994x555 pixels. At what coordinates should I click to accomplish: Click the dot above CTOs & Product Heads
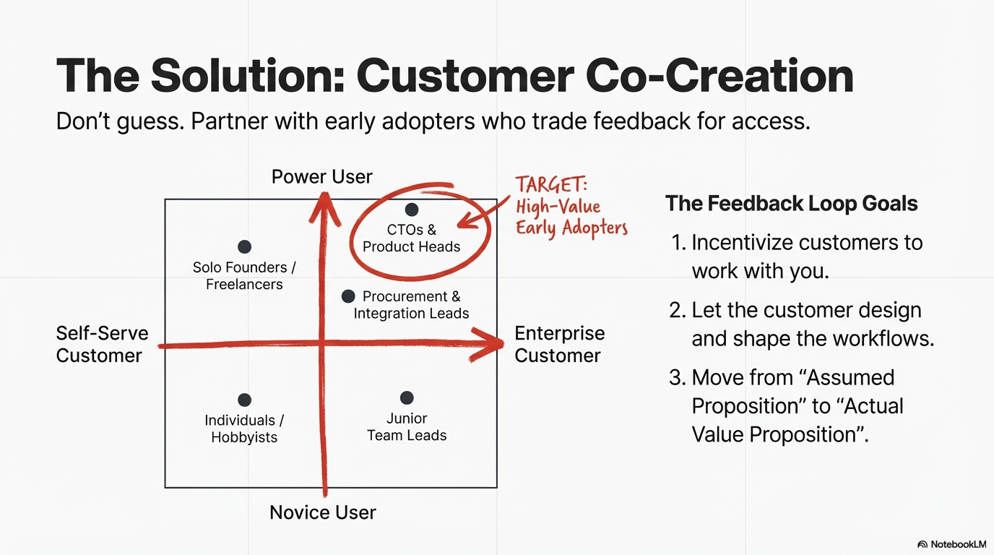click(x=412, y=209)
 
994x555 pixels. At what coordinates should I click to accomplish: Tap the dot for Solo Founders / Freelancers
click(x=244, y=246)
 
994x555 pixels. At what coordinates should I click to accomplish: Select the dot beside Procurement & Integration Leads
click(x=348, y=296)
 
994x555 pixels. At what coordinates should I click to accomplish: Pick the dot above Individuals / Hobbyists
click(x=244, y=400)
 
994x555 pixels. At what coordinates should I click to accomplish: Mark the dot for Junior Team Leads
click(x=407, y=398)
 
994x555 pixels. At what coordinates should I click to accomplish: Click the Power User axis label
click(x=321, y=177)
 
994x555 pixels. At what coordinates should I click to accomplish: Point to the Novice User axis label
click(x=323, y=512)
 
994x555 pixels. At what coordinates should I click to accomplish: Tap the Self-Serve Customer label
click(x=102, y=344)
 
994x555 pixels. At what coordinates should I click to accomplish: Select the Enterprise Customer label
click(x=559, y=344)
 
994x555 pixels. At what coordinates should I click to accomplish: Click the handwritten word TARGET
click(x=551, y=184)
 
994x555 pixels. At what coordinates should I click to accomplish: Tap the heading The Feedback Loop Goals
click(x=791, y=203)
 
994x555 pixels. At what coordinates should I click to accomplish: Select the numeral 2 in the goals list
click(x=677, y=310)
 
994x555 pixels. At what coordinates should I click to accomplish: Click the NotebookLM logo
click(x=951, y=544)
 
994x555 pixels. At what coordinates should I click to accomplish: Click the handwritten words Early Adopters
click(x=571, y=228)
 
